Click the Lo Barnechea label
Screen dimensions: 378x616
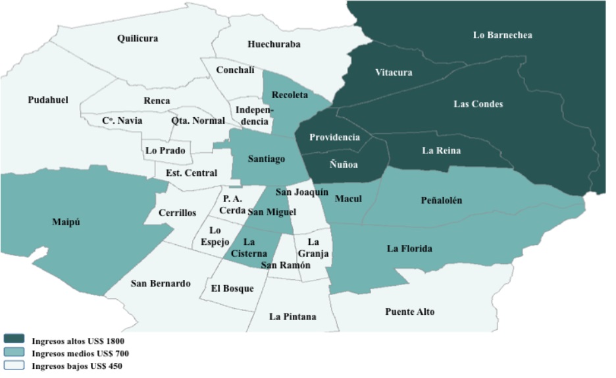pos(502,35)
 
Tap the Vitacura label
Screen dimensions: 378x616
pos(394,72)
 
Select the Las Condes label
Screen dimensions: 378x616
pos(478,104)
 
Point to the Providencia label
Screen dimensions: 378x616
pos(334,138)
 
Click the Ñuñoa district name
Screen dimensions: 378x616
pos(344,165)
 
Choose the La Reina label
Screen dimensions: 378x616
pos(441,151)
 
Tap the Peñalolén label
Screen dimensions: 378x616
pos(442,200)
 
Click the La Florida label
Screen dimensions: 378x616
pos(409,248)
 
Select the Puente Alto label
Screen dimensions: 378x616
pos(409,311)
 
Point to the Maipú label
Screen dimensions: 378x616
pos(66,222)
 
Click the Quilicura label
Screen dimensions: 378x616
pos(138,38)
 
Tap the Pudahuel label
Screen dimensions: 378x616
pos(48,99)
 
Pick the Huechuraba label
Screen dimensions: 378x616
pos(274,45)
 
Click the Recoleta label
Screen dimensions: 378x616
pos(290,95)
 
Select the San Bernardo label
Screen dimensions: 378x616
pos(161,284)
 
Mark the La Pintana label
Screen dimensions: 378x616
pos(292,317)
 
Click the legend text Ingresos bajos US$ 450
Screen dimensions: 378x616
pos(77,365)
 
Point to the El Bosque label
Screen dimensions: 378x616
pos(232,288)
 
